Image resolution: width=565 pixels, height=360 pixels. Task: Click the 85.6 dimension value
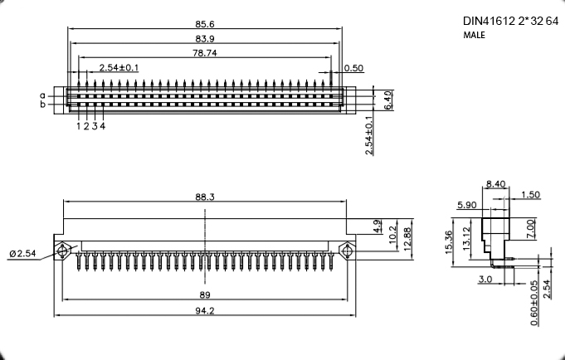click(205, 24)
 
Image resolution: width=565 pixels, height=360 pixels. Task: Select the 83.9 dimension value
click(205, 38)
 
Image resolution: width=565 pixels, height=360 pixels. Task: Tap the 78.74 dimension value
click(205, 53)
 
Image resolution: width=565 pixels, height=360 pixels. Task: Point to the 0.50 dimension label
click(353, 68)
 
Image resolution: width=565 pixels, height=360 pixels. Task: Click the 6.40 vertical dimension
click(387, 100)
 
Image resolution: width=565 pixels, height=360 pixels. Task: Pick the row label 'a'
click(43, 96)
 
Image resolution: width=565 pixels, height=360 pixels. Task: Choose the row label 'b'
click(43, 105)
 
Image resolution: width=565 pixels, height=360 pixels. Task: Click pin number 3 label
click(95, 126)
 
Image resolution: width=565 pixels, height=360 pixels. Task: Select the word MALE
click(475, 35)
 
